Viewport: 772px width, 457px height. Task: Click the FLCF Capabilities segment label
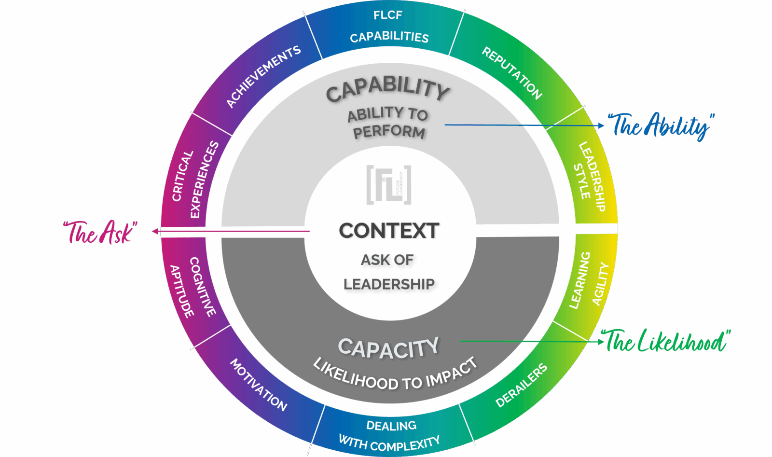(388, 27)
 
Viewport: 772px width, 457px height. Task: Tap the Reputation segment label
(512, 73)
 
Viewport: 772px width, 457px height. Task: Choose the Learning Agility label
(589, 280)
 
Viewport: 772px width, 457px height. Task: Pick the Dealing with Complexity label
(389, 435)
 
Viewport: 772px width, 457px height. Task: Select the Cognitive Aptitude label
(193, 288)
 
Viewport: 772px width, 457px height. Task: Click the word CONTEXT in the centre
(389, 231)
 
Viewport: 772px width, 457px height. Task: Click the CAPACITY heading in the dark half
(388, 347)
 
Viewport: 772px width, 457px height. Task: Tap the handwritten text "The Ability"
(661, 126)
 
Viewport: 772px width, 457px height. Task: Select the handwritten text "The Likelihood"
(666, 341)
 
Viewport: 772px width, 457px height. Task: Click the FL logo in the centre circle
(388, 185)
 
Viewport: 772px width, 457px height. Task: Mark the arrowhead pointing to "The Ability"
(601, 125)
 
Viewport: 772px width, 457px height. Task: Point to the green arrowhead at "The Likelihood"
(601, 342)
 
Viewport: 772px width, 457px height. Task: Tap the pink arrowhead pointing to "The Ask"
(155, 232)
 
